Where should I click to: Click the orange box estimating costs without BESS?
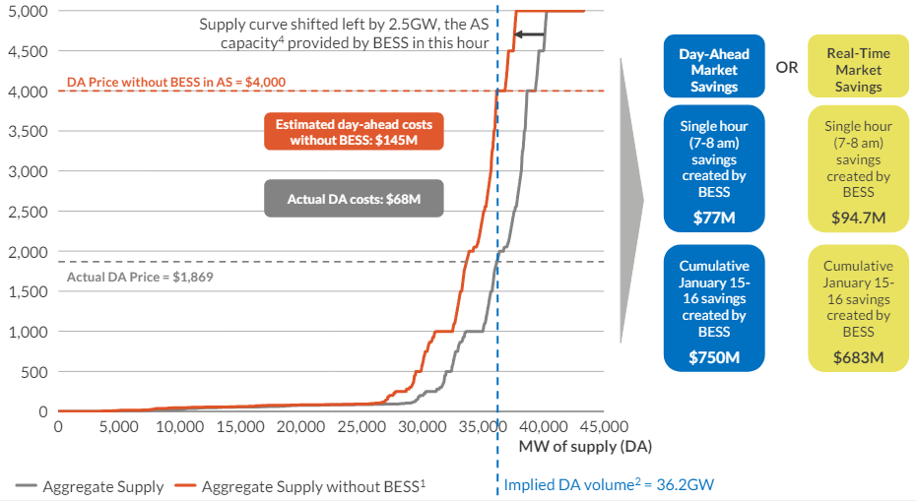(x=354, y=133)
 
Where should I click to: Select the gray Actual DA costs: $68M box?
(x=354, y=199)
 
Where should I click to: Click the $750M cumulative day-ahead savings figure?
(x=714, y=356)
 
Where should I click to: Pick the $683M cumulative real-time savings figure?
(x=858, y=356)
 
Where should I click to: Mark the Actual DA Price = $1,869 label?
(x=140, y=277)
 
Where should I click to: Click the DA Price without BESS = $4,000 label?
(x=162, y=82)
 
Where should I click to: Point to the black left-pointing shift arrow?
(x=529, y=34)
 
